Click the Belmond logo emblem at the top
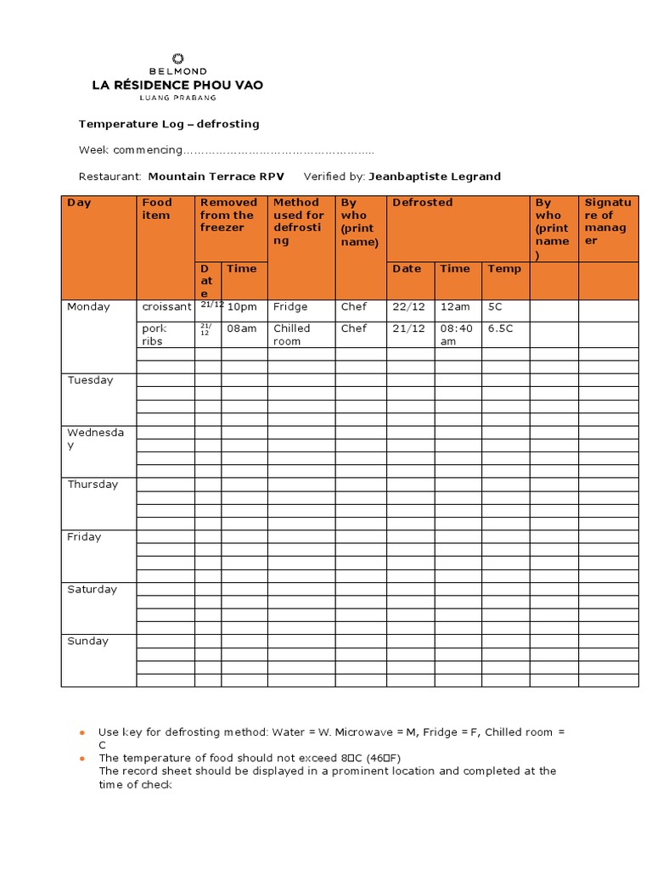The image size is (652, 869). (177, 59)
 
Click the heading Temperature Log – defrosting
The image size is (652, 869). (169, 124)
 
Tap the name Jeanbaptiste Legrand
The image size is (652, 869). (435, 177)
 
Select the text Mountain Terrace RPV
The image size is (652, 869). (216, 177)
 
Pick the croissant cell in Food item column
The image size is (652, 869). (166, 307)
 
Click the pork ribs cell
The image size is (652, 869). (166, 334)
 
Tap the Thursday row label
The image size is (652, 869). (93, 485)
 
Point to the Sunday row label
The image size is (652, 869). (88, 642)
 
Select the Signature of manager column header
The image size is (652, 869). (607, 221)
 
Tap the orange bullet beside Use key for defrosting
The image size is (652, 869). (82, 732)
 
